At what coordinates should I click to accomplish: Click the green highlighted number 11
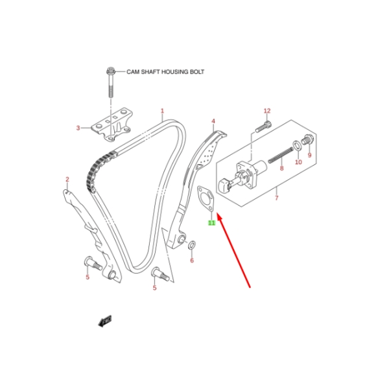pos(211,222)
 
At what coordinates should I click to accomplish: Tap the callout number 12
pos(266,111)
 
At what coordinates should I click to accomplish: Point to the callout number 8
pos(281,169)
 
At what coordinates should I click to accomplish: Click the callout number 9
pos(309,156)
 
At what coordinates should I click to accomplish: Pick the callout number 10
pos(298,162)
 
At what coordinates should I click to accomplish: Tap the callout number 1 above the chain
pos(162,111)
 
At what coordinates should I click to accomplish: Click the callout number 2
pos(67,179)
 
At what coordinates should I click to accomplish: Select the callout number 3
pos(78,128)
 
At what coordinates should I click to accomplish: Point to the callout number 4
pos(213,121)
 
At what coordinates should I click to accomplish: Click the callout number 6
pos(191,261)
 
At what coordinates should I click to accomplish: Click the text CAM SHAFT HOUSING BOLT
pos(165,73)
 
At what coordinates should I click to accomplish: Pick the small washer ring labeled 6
pos(191,244)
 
